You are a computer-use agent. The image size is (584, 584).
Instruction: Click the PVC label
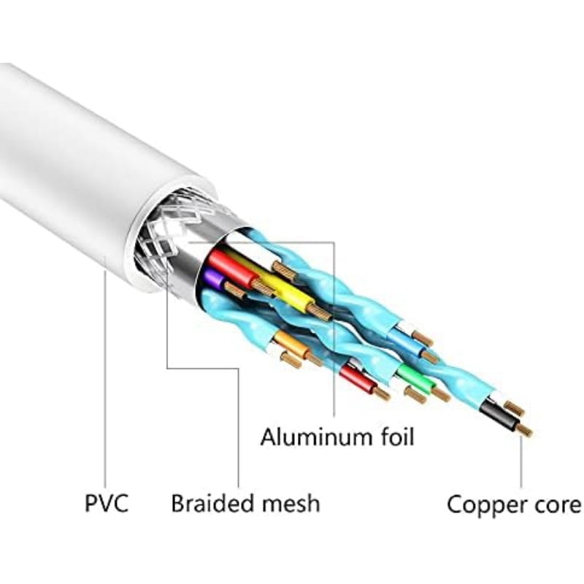point(107,503)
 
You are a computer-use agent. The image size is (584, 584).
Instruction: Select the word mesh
point(291,503)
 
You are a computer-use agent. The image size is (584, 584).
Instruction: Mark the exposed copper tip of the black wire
point(525,430)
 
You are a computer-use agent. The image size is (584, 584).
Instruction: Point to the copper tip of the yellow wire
point(319,312)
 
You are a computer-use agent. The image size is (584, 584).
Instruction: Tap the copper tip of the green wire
point(442,394)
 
